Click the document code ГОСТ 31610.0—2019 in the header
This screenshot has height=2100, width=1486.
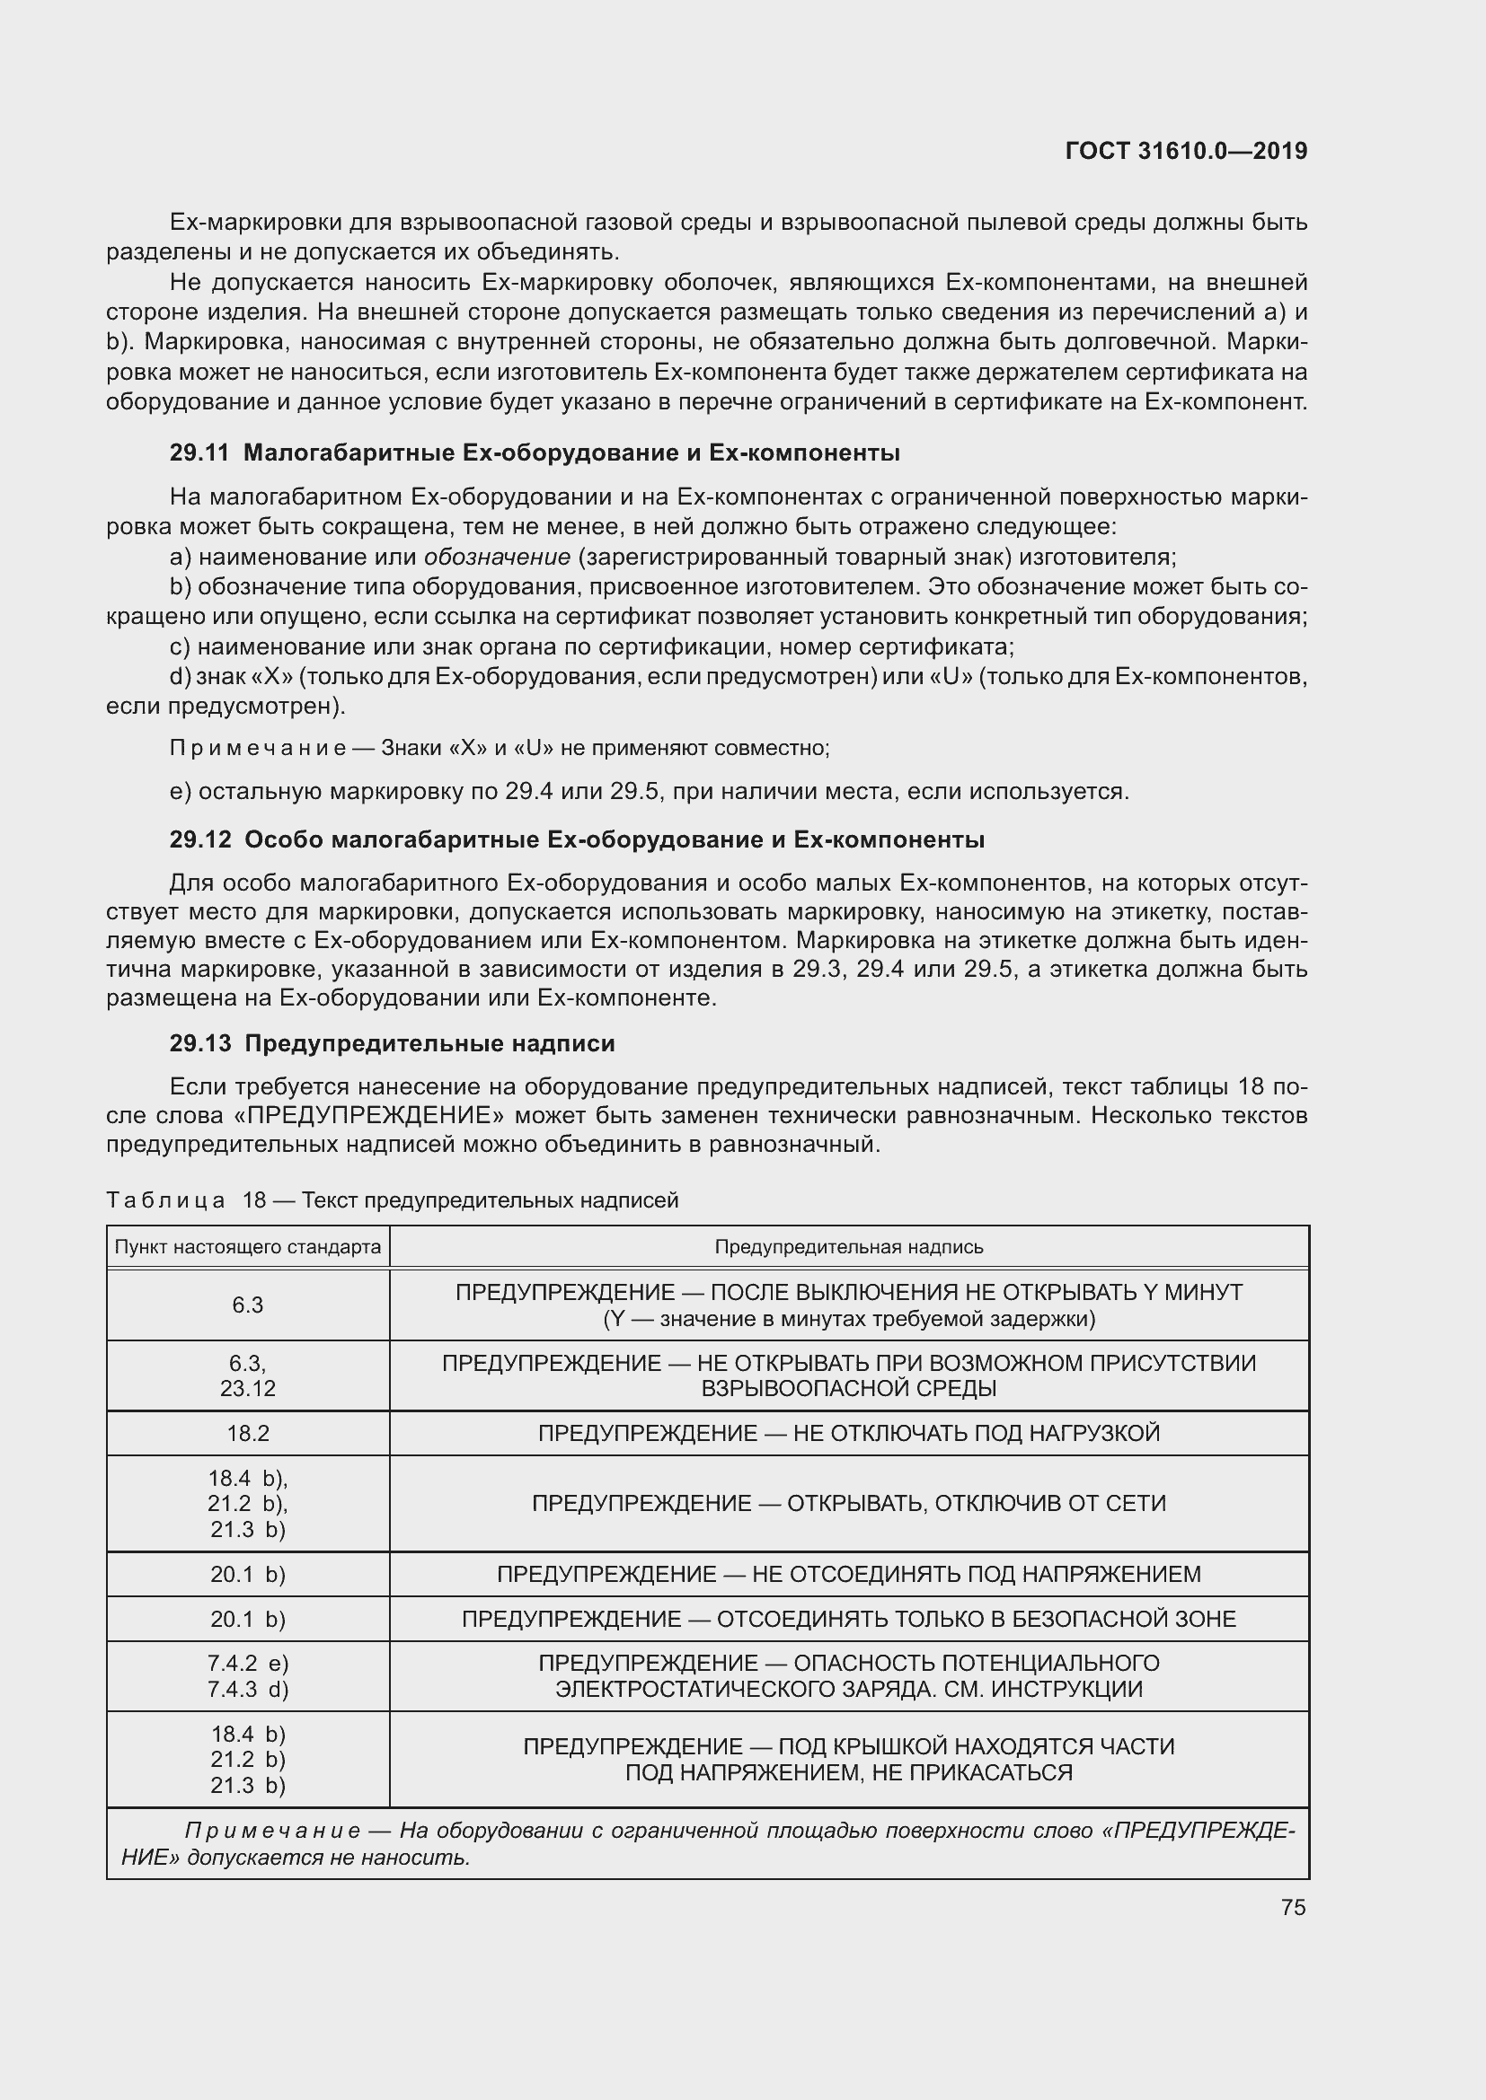click(1186, 151)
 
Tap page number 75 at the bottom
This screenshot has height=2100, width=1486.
click(1293, 1907)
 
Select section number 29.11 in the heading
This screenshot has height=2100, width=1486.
click(199, 453)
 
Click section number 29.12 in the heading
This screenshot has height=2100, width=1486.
click(199, 839)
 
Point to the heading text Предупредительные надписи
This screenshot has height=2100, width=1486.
click(430, 1042)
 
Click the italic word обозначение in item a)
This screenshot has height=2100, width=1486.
click(497, 556)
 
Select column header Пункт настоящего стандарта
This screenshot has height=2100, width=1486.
click(247, 1247)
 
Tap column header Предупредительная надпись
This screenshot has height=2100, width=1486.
click(848, 1247)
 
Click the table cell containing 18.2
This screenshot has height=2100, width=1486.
click(248, 1433)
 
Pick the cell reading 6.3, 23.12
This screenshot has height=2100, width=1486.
click(248, 1375)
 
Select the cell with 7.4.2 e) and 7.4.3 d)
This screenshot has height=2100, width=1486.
click(248, 1675)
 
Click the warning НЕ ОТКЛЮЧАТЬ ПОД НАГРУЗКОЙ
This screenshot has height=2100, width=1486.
click(977, 1433)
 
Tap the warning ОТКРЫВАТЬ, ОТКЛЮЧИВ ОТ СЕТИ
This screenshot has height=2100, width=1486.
click(977, 1503)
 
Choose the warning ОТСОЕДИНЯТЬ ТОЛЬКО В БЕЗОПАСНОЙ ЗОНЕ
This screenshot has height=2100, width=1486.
click(977, 1619)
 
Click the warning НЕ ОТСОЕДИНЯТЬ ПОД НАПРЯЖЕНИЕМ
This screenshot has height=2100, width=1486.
click(977, 1574)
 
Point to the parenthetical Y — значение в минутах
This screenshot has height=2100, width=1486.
click(848, 1318)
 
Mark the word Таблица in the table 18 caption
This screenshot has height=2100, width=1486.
click(165, 1200)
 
